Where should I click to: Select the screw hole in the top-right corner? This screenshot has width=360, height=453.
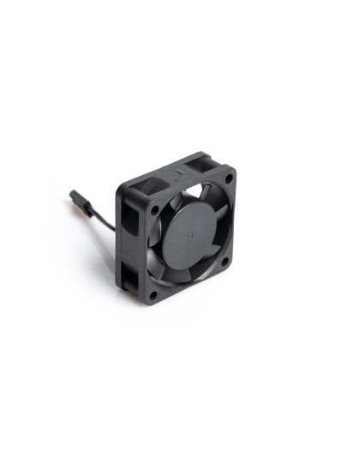point(228,177)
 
